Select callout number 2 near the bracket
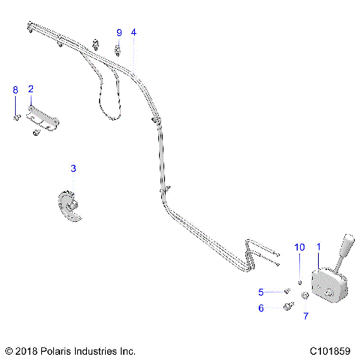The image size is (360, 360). [x=31, y=89]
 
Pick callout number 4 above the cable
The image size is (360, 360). [x=133, y=32]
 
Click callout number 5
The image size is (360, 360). [x=261, y=292]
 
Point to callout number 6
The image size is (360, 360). [x=261, y=307]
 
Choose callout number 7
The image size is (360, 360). [x=305, y=316]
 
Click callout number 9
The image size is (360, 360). [x=118, y=32]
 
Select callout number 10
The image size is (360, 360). [x=299, y=247]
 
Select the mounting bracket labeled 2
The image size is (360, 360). [x=44, y=118]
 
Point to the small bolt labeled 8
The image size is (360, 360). [x=15, y=116]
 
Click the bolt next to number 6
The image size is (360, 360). [x=287, y=307]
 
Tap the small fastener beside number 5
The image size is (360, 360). [x=286, y=292]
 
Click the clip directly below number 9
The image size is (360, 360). [x=118, y=51]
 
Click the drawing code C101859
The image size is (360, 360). [x=329, y=350]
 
